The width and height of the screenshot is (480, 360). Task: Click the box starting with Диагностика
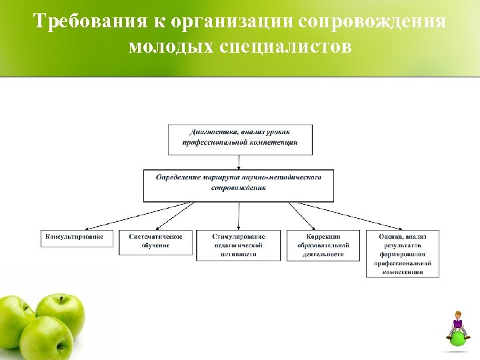tap(239, 139)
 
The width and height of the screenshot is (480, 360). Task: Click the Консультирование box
tap(75, 237)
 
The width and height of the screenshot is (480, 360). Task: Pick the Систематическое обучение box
tap(155, 243)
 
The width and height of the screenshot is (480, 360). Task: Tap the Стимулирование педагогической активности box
tap(239, 245)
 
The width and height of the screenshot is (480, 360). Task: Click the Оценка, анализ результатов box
tap(403, 253)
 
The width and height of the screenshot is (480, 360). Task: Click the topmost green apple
tap(61, 314)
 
